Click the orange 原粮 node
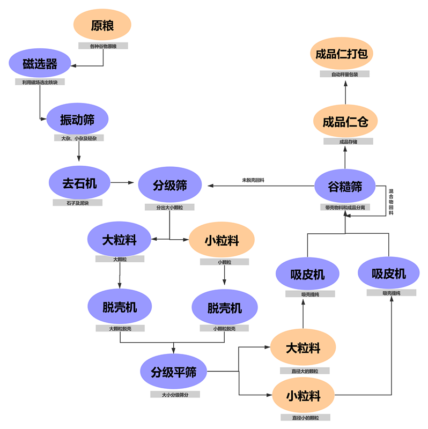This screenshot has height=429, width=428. [x=102, y=25]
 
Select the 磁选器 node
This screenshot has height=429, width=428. [x=40, y=64]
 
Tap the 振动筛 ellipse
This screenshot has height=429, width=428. [x=78, y=120]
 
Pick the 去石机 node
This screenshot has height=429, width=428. [x=79, y=183]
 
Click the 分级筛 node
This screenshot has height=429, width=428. [x=169, y=185]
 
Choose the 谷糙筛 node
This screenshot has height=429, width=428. [x=345, y=186]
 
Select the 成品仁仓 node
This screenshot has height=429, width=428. [x=345, y=121]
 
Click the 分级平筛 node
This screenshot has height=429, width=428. [x=173, y=372]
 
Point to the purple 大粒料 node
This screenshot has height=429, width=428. [x=120, y=240]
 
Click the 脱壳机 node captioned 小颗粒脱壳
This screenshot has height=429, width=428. [x=224, y=308]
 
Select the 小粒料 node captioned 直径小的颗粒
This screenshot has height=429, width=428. [x=304, y=396]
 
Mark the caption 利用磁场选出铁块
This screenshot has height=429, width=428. [x=40, y=82]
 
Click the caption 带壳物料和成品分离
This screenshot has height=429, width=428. [x=345, y=207]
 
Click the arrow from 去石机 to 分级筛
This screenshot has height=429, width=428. [x=123, y=183]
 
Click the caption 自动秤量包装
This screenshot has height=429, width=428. [x=344, y=75]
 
